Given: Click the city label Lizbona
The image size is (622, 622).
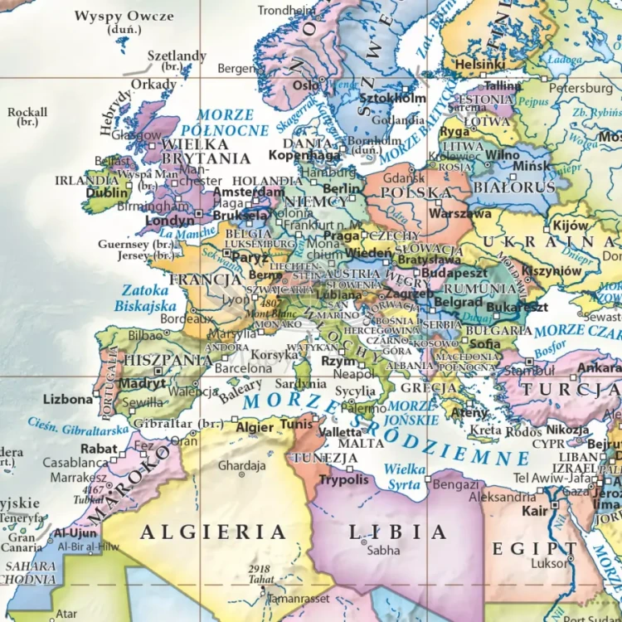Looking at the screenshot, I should (x=67, y=399).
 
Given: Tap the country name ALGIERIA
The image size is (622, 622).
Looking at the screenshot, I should (x=213, y=532).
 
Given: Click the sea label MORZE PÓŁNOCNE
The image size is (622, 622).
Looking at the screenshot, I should (x=225, y=123).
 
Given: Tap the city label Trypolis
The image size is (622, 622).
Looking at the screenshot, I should (x=343, y=480).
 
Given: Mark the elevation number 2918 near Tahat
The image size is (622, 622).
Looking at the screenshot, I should (x=260, y=569).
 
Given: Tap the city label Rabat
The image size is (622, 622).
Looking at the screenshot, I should (x=99, y=448).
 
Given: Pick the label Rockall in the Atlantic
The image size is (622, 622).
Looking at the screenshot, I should (x=27, y=112).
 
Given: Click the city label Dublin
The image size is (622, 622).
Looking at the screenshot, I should (x=106, y=193).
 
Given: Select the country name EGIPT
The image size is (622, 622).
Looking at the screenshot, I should (x=534, y=548).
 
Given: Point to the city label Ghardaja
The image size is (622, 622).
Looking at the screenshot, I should (x=241, y=465).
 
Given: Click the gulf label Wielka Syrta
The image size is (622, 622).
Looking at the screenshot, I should (x=404, y=476).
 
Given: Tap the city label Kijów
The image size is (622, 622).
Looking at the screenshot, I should (x=571, y=226).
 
